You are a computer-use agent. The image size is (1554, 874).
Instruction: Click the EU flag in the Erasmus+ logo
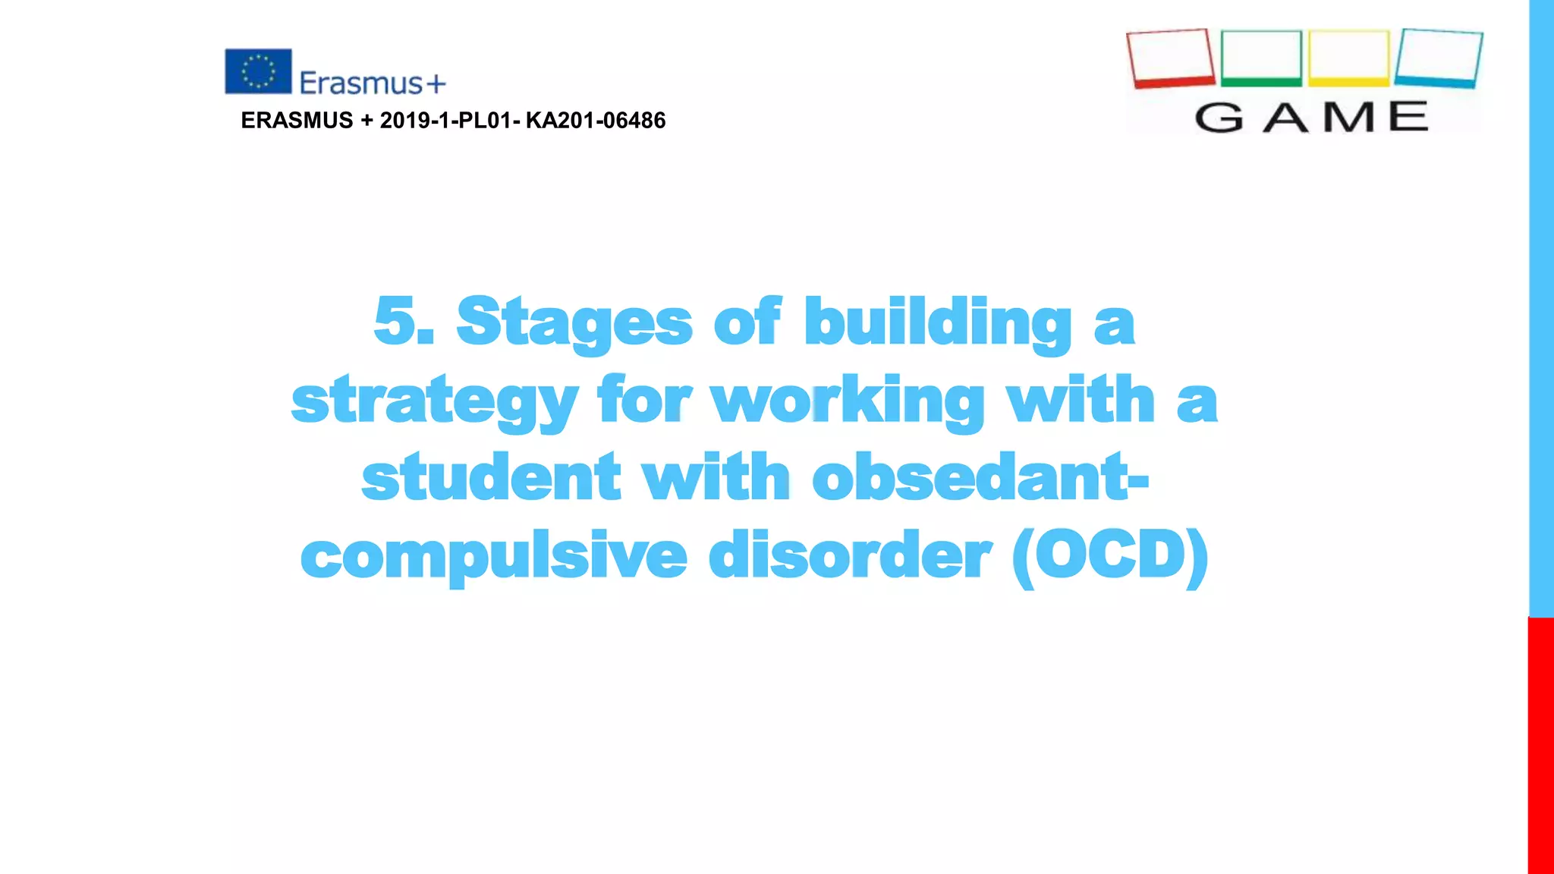pos(258,71)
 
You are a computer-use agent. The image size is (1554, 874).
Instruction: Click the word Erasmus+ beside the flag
pos(372,83)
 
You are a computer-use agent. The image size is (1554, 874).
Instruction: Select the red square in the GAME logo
pos(1170,58)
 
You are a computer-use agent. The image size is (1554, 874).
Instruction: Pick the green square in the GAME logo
pos(1261,58)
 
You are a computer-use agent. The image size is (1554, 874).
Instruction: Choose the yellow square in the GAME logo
pos(1348,58)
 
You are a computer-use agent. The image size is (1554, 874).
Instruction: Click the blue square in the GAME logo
pos(1439,58)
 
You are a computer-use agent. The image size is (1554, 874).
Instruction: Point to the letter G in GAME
pos(1219,118)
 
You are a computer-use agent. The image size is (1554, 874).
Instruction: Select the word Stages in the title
pos(574,323)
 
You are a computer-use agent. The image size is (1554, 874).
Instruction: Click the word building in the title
pos(937,323)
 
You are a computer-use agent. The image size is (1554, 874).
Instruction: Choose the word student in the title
pos(491,478)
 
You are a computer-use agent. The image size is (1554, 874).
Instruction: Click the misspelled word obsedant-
pos(980,478)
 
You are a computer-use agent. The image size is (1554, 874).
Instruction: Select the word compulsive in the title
pos(494,557)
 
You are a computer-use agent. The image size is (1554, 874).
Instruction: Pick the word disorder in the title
pos(849,555)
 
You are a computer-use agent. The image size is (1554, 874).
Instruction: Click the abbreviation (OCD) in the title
pos(1110,557)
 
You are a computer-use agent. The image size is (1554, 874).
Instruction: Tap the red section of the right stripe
pos(1540,744)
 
